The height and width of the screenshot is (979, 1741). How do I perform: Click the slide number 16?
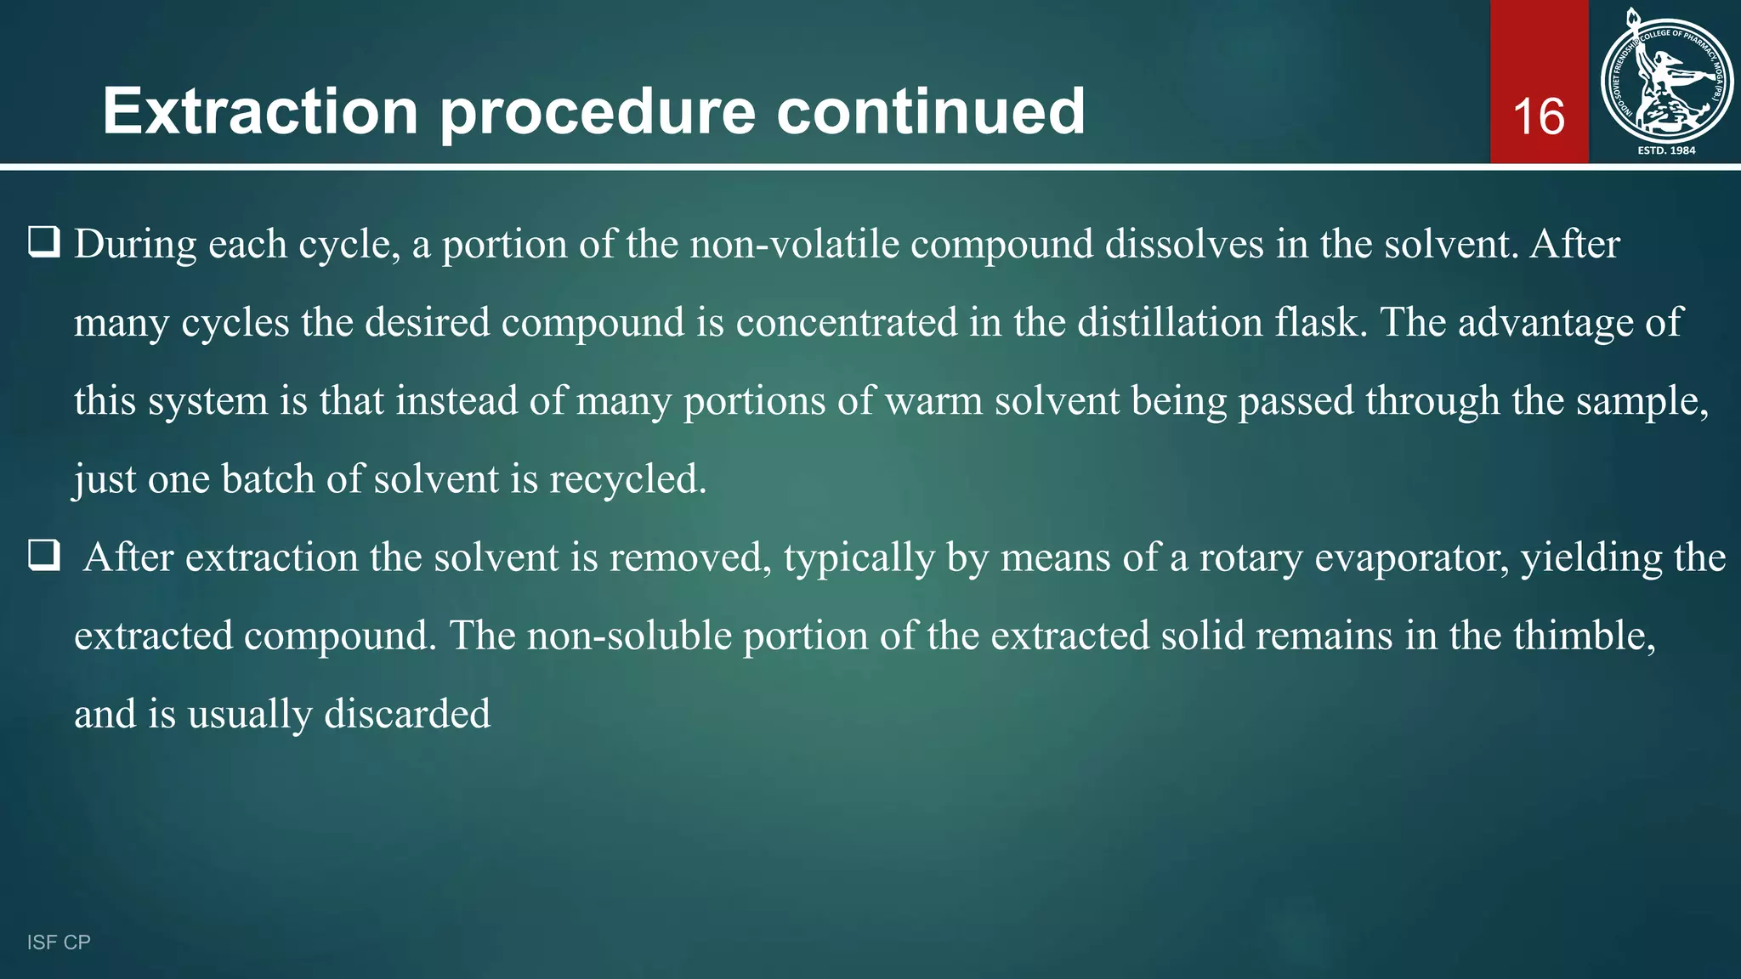[1539, 116]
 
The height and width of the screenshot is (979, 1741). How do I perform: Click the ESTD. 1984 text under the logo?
[1666, 150]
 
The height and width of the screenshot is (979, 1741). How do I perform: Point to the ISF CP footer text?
[59, 942]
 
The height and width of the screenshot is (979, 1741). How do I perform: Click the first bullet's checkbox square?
[44, 243]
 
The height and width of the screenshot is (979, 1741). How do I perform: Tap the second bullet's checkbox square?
[44, 556]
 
